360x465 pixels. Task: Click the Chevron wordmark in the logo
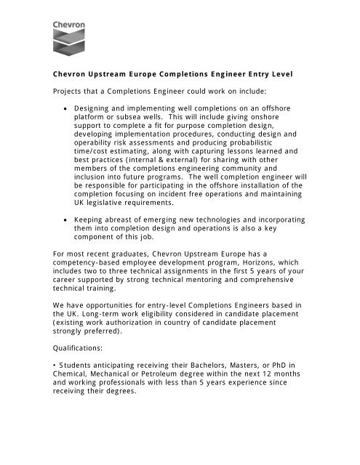coord(68,25)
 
